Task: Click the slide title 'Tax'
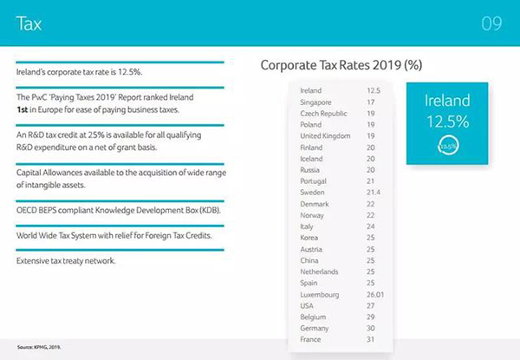(x=29, y=23)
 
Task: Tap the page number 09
(x=491, y=23)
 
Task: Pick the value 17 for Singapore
(x=372, y=101)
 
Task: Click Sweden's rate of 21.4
(x=374, y=192)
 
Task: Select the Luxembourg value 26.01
(x=377, y=295)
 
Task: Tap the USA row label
(x=306, y=306)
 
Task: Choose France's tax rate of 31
(x=372, y=340)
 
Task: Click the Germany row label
(x=312, y=329)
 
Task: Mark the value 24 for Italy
(x=372, y=226)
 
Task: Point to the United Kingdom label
(x=324, y=135)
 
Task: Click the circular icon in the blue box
(x=447, y=146)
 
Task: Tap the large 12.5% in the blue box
(x=447, y=121)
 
